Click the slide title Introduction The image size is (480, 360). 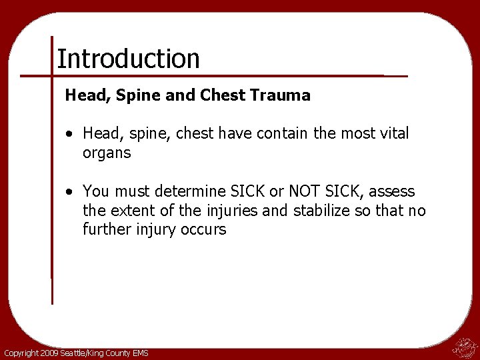[x=128, y=59]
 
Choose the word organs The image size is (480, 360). [x=107, y=153]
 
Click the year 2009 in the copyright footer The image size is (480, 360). [x=49, y=353]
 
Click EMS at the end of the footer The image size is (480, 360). [x=140, y=353]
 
